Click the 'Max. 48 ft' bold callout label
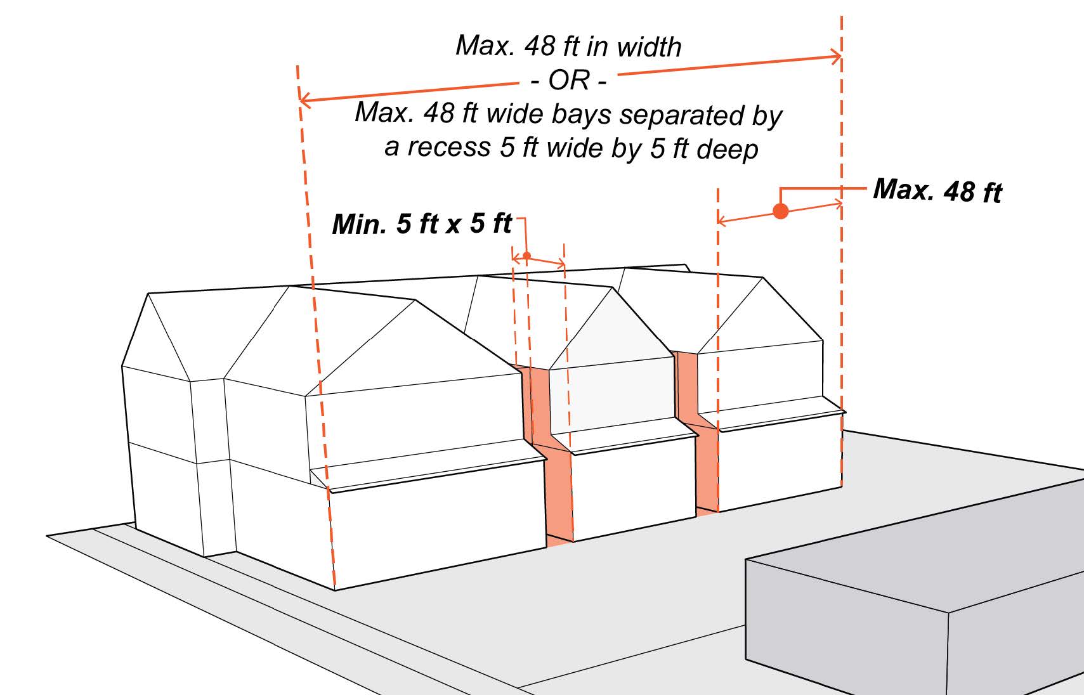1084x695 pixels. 937,190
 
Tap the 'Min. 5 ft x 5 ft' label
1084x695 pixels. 422,224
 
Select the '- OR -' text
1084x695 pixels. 568,81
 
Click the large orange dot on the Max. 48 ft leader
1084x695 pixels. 781,211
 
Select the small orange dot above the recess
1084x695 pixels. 526,256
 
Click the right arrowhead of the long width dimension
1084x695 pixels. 838,57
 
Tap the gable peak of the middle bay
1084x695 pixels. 611,289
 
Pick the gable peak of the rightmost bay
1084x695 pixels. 762,278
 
